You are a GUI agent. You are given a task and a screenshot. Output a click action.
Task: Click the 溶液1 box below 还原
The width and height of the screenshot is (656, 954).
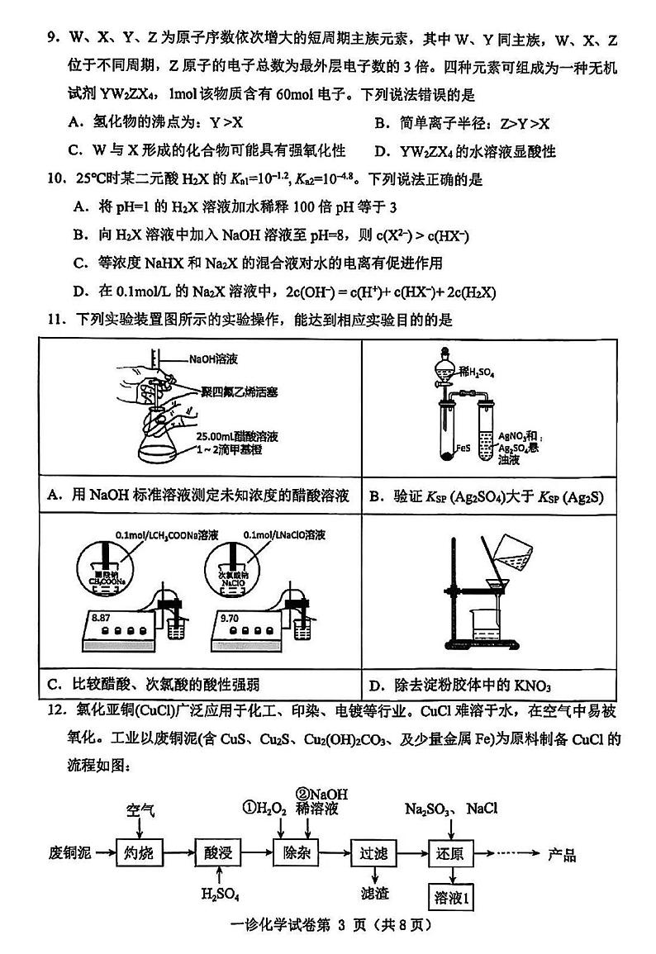pos(453,895)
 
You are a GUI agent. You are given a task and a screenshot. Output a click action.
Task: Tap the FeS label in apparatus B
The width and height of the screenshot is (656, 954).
pos(464,451)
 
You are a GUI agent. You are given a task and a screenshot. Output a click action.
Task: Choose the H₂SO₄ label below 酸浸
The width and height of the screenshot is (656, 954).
pos(217,893)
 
